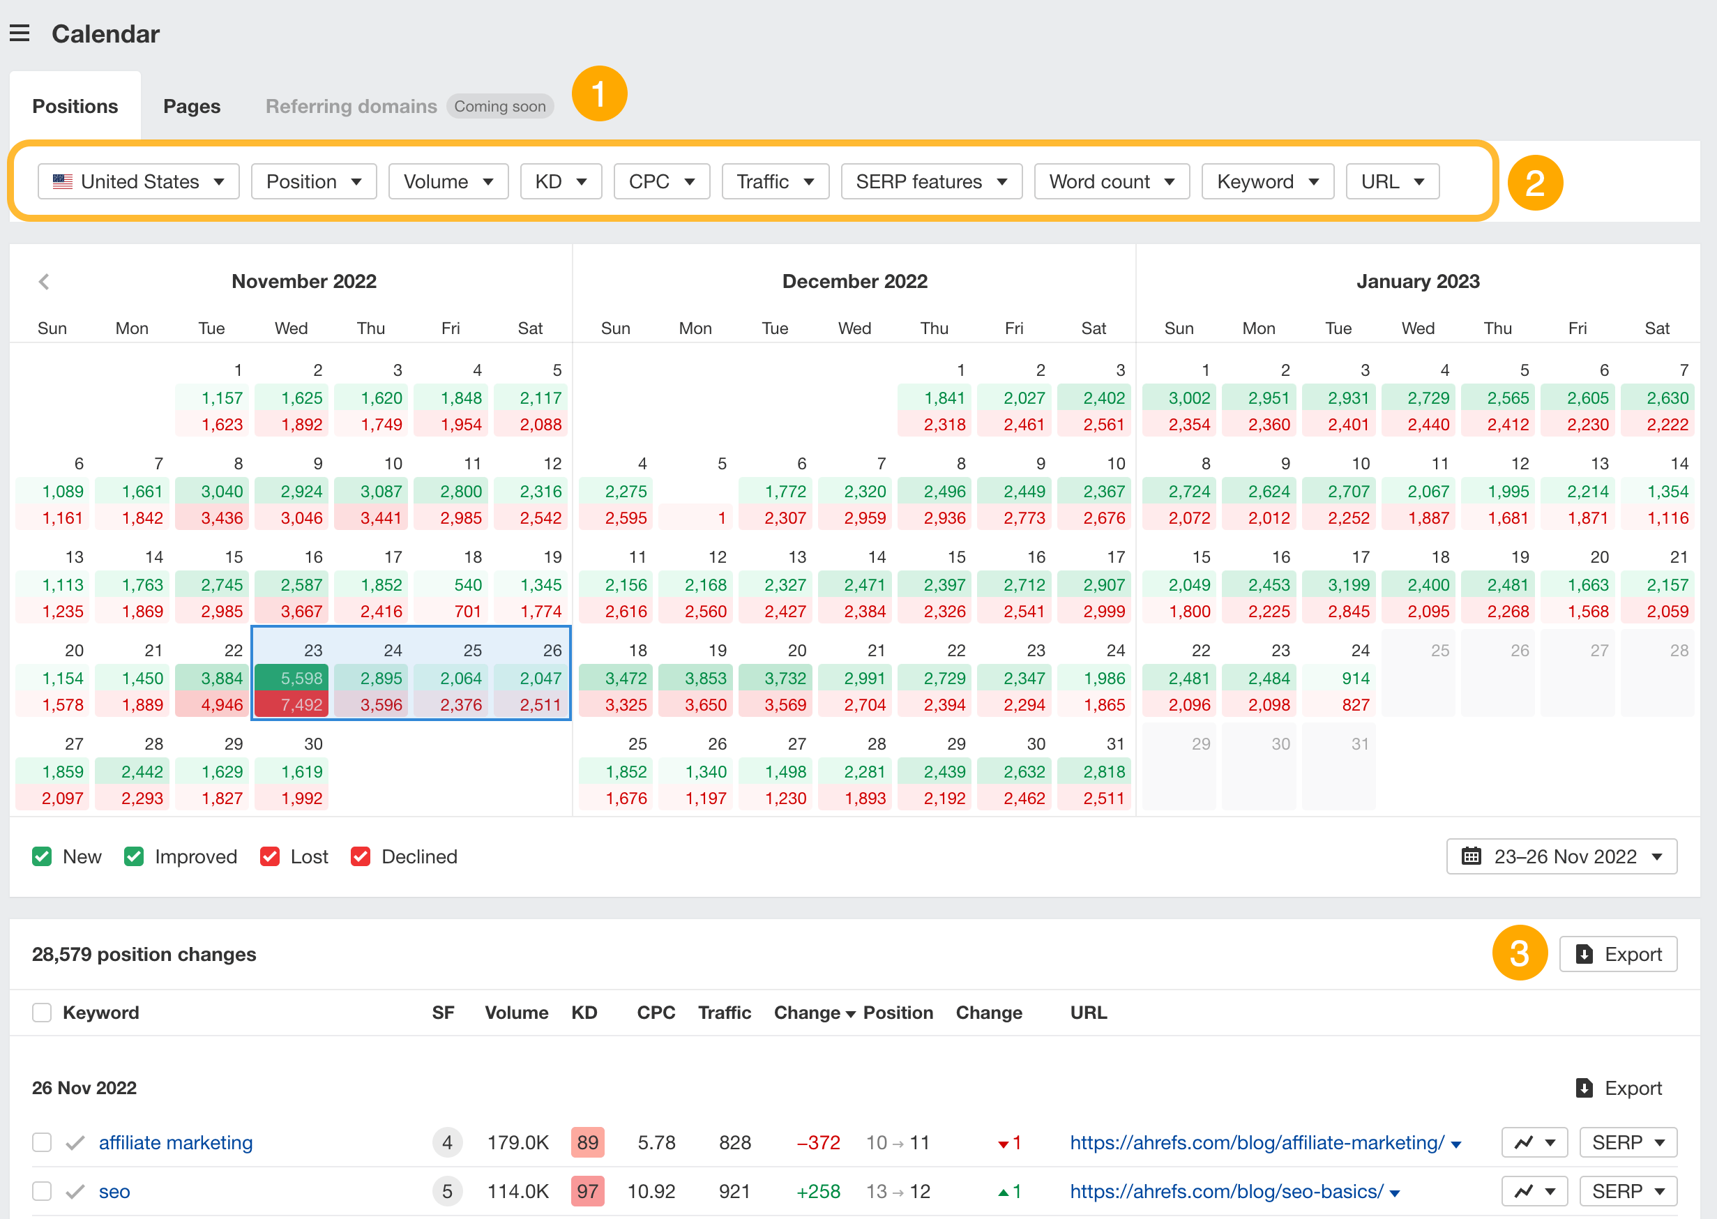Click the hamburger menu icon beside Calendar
coord(20,33)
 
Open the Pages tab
coord(191,107)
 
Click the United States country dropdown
coord(139,181)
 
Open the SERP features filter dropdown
coord(930,181)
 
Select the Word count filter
coord(1111,181)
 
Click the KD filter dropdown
coord(560,181)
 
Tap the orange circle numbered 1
coord(599,94)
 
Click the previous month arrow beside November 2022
coord(43,282)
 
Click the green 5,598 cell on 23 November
coord(292,678)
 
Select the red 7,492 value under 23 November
coord(292,705)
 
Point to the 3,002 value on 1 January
coord(1188,397)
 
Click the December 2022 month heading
coord(854,282)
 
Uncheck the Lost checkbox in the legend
coord(269,856)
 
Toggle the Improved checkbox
coord(135,856)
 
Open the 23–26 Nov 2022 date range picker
coord(1561,856)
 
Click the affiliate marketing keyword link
coord(176,1142)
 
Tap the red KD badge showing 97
coord(587,1191)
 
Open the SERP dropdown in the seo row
coord(1628,1191)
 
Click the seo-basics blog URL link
coord(1226,1191)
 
